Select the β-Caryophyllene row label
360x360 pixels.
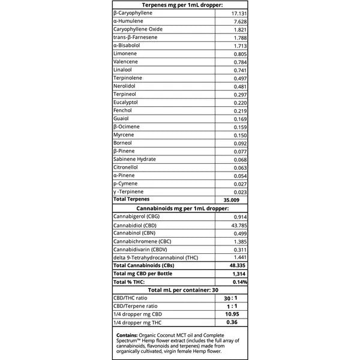[133, 13]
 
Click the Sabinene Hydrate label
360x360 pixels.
[134, 159]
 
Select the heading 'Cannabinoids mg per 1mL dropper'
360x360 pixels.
[179, 208]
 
